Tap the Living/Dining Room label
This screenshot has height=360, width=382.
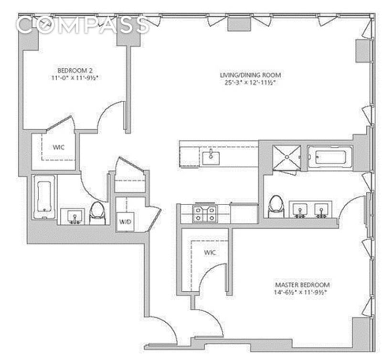(250, 75)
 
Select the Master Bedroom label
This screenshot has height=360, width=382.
(302, 285)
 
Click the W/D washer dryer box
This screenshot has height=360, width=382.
(125, 222)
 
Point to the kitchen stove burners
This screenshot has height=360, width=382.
(204, 213)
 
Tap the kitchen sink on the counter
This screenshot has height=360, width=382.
(210, 157)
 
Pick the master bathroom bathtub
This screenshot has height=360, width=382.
(329, 157)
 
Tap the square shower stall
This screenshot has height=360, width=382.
(286, 157)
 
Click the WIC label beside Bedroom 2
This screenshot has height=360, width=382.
(59, 148)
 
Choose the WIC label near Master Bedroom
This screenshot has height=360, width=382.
(210, 253)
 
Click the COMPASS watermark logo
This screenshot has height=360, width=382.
(82, 25)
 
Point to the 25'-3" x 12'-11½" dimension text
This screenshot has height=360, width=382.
(250, 83)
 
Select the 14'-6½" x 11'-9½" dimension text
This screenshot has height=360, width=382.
(302, 293)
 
